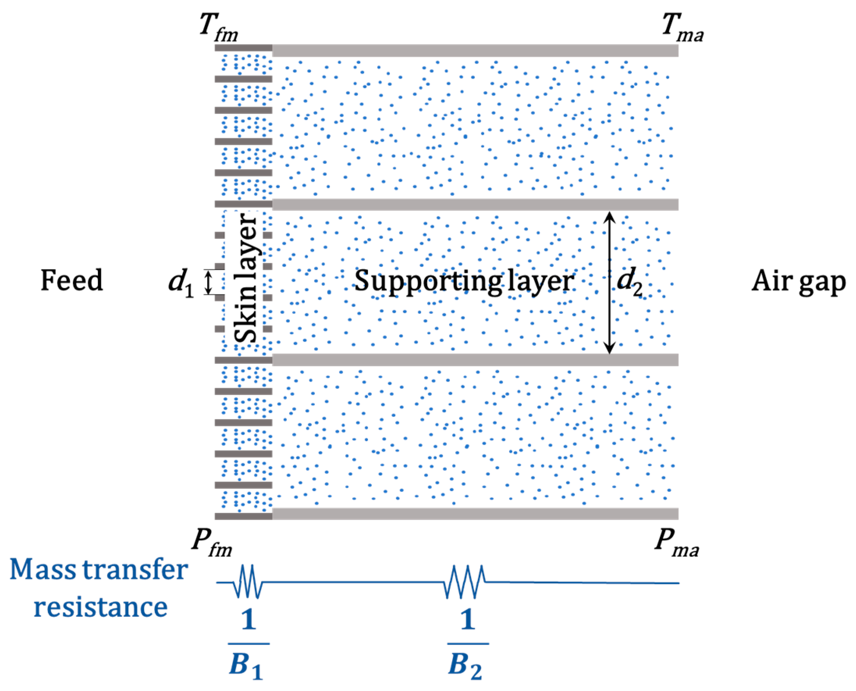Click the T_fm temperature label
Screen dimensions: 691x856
[219, 28]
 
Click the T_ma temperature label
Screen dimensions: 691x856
[682, 28]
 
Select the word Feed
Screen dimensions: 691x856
[72, 281]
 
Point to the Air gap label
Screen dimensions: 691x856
[798, 282]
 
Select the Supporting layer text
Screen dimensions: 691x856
[464, 282]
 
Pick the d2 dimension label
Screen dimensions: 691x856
[629, 283]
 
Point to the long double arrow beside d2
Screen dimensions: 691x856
[609, 282]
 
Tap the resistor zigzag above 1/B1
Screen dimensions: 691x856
[249, 582]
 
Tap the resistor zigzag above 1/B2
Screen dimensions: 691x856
[465, 582]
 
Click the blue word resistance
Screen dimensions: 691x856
[100, 607]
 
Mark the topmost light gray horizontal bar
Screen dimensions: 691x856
[475, 50]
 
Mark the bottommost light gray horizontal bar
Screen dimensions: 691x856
[475, 513]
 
